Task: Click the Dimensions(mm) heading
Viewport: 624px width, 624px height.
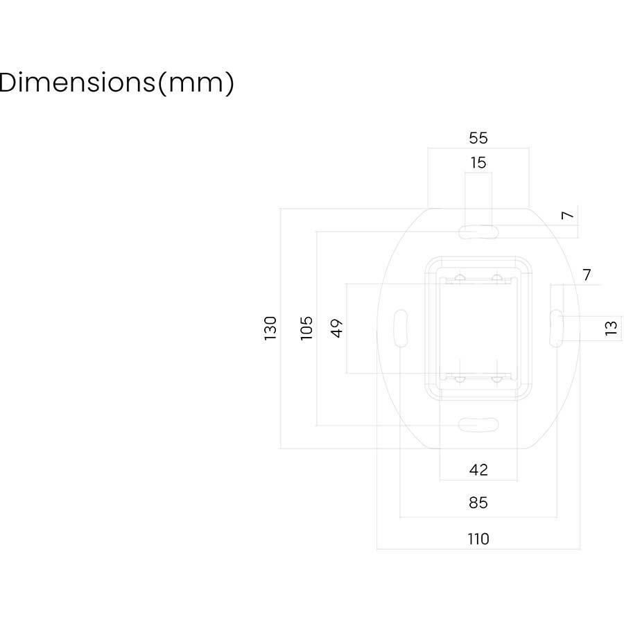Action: click(116, 83)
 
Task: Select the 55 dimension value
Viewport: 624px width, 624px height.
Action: click(478, 138)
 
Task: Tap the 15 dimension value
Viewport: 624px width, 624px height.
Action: click(478, 163)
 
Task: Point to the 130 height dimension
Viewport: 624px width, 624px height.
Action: click(270, 328)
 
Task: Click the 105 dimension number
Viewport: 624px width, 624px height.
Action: click(306, 328)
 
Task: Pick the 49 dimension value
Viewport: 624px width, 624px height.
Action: click(337, 328)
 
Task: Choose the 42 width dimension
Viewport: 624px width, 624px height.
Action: click(478, 470)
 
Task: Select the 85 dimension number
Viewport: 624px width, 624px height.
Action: click(478, 503)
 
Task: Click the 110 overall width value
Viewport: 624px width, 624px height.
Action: click(478, 539)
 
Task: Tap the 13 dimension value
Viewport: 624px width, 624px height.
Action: click(611, 328)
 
